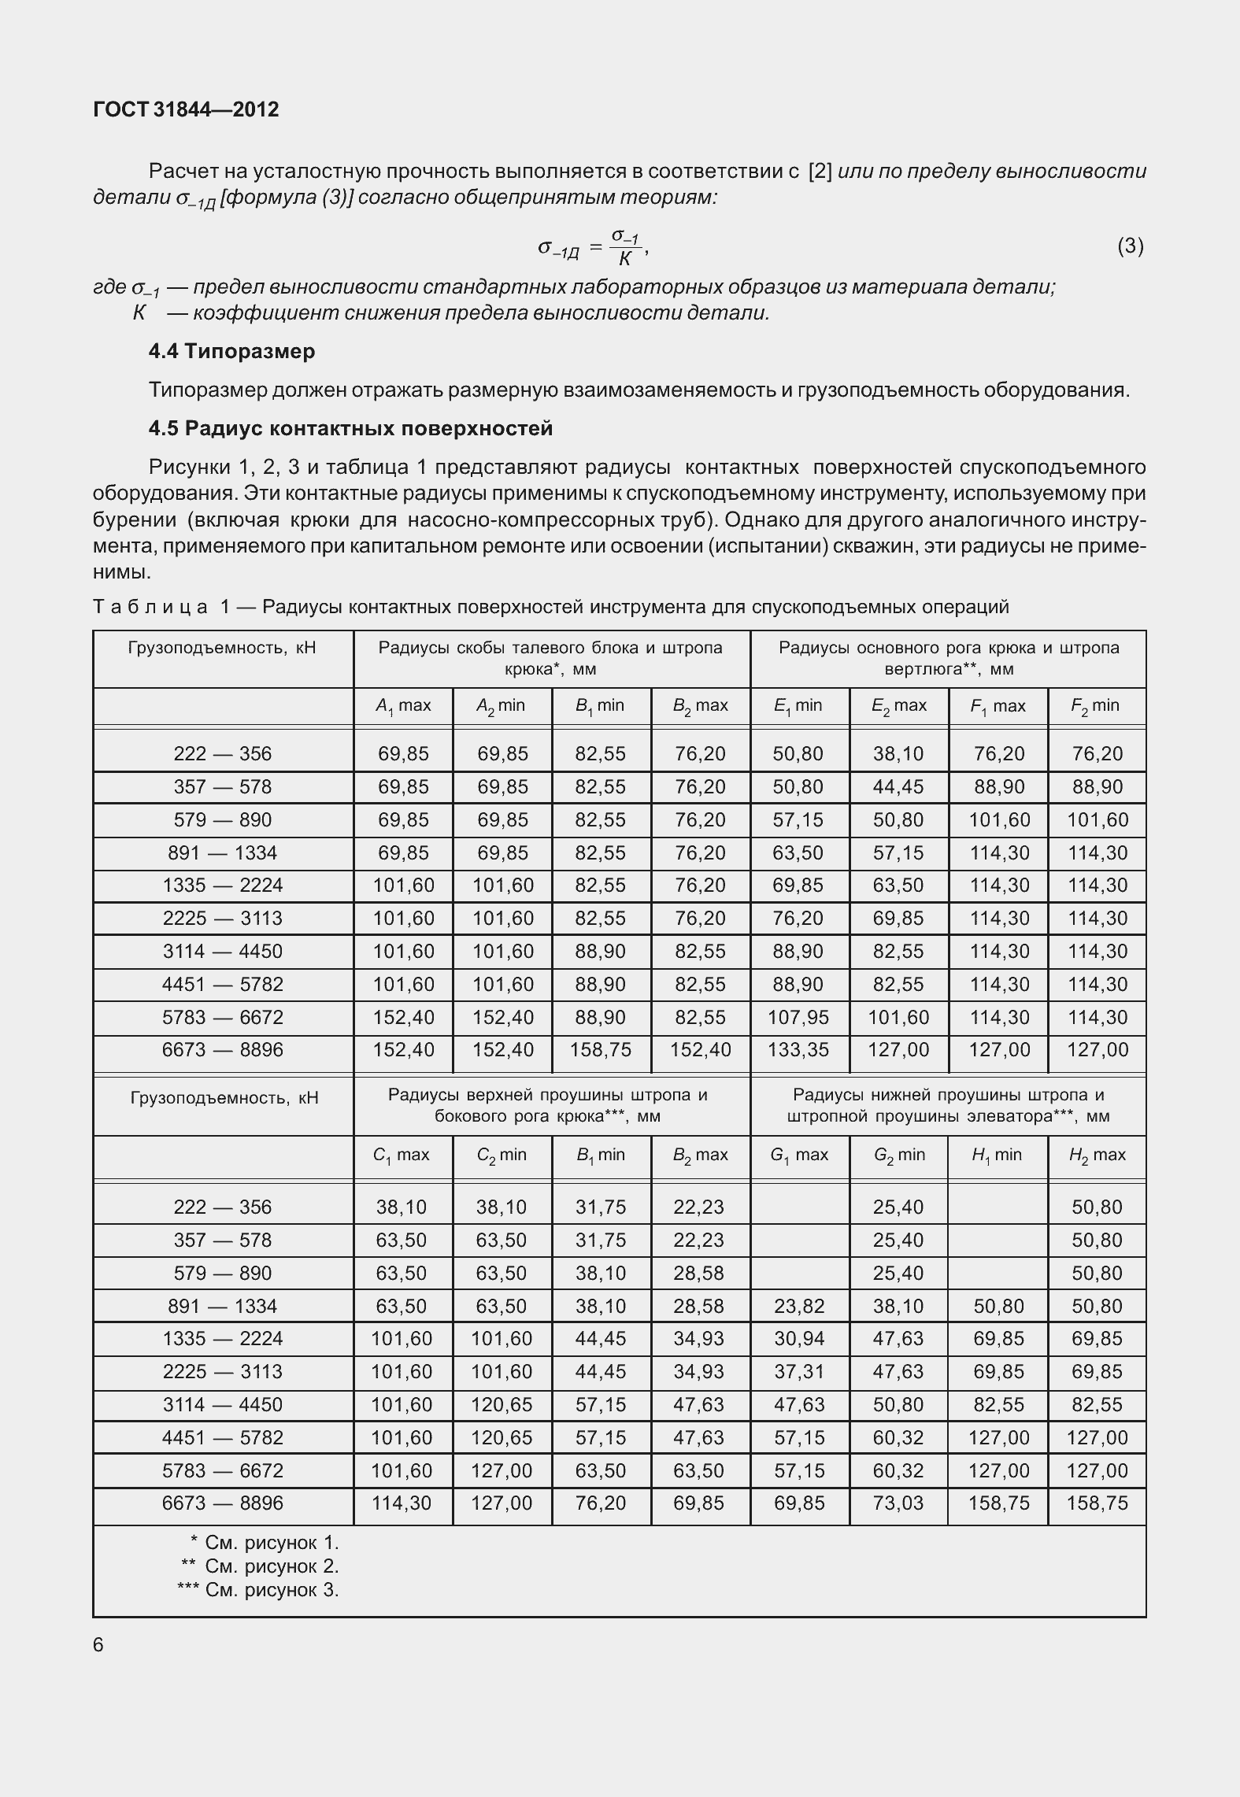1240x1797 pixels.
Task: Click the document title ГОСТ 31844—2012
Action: point(186,110)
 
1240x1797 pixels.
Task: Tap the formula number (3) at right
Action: point(1130,246)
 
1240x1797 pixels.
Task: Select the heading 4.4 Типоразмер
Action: point(231,351)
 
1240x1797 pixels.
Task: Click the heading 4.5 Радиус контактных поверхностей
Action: point(350,428)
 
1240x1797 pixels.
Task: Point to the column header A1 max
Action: point(403,706)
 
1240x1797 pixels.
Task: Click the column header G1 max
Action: point(799,1155)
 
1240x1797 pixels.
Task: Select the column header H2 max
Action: point(1097,1155)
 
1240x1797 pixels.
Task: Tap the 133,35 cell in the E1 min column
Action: point(798,1050)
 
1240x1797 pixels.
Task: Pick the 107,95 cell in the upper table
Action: point(798,1017)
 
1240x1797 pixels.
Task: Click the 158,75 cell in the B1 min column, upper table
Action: point(600,1050)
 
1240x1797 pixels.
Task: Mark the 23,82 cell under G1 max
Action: point(799,1307)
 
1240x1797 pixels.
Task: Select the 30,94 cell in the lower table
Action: point(799,1339)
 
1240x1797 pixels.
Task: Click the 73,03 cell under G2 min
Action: point(898,1503)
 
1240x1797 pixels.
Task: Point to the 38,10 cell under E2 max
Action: point(898,754)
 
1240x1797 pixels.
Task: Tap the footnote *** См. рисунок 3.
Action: point(257,1590)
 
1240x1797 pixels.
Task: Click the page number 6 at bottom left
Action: point(98,1645)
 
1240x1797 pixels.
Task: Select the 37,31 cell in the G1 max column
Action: point(799,1372)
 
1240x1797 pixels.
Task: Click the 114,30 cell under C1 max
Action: point(402,1503)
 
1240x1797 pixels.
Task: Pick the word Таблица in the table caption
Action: point(150,607)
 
